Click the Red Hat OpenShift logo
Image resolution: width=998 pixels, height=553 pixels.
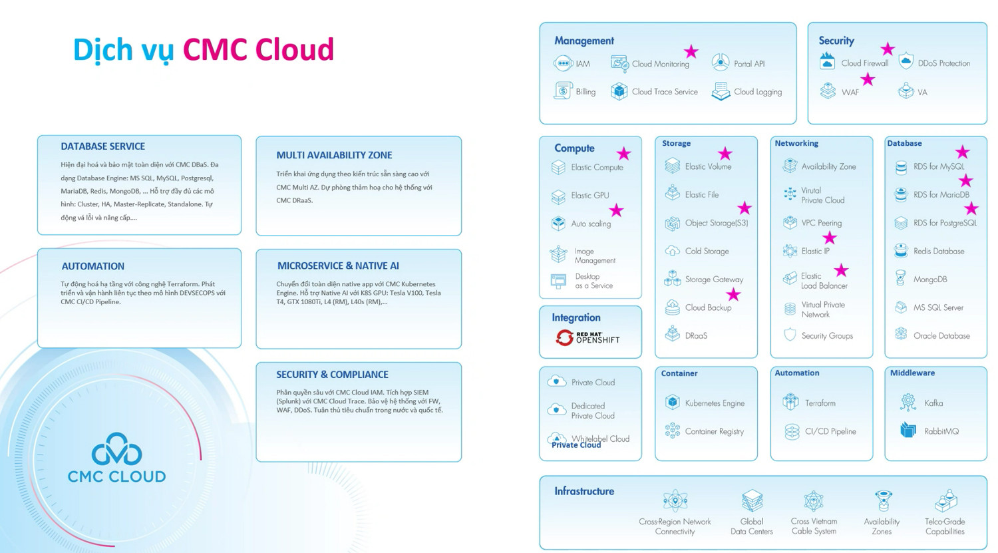tap(588, 337)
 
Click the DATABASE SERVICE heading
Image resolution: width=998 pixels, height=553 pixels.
tap(102, 146)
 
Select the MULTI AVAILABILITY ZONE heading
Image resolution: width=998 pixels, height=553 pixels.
tap(334, 155)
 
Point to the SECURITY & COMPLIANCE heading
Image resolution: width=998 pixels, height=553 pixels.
tap(332, 375)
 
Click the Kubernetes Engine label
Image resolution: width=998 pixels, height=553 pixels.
tap(715, 403)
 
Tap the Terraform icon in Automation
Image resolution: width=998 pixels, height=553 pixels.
tap(790, 402)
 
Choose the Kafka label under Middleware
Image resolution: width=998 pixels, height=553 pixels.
tap(933, 403)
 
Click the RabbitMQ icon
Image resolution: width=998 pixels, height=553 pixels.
tap(908, 430)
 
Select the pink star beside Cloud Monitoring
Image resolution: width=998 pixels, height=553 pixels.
tap(691, 51)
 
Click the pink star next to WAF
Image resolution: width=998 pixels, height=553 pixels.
tap(868, 80)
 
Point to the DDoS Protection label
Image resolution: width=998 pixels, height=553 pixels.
tap(943, 63)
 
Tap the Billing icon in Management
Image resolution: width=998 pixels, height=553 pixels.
tap(563, 91)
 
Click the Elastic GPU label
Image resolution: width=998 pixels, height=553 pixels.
tap(589, 196)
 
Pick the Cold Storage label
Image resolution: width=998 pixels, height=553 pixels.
tap(707, 252)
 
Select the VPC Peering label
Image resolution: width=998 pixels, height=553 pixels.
tap(821, 223)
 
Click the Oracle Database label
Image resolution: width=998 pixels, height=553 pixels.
tap(941, 336)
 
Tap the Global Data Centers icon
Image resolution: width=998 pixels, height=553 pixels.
tap(752, 500)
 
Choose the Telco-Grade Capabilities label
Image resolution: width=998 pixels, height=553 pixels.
tap(944, 526)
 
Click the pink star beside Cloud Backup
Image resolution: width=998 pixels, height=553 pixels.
tap(733, 294)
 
